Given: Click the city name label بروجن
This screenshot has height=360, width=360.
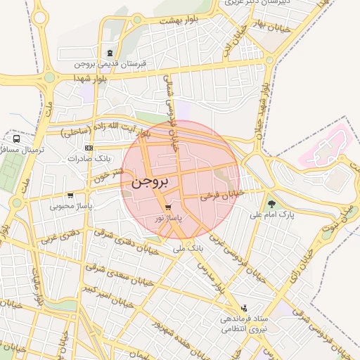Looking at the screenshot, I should (150, 181).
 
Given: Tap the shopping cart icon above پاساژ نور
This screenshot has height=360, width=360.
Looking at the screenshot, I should (168, 207).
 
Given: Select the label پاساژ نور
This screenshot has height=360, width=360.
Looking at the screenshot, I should (168, 219).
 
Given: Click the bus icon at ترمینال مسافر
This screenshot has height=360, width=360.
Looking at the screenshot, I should (15, 139).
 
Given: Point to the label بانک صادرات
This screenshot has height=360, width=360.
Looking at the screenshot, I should (86, 159).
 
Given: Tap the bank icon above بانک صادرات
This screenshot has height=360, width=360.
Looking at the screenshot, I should (89, 148).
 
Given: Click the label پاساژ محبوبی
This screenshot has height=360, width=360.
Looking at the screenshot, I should (70, 207).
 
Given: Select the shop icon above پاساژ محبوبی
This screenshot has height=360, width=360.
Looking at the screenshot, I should (70, 196).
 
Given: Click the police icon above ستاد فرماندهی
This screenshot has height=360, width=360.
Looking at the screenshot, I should (244, 307).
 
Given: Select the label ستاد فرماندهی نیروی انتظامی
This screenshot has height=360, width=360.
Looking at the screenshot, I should (239, 324).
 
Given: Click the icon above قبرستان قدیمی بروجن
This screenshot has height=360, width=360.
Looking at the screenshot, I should (109, 53).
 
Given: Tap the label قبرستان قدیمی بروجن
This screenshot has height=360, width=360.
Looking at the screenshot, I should (112, 63).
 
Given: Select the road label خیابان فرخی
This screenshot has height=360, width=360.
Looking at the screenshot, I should (221, 195).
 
